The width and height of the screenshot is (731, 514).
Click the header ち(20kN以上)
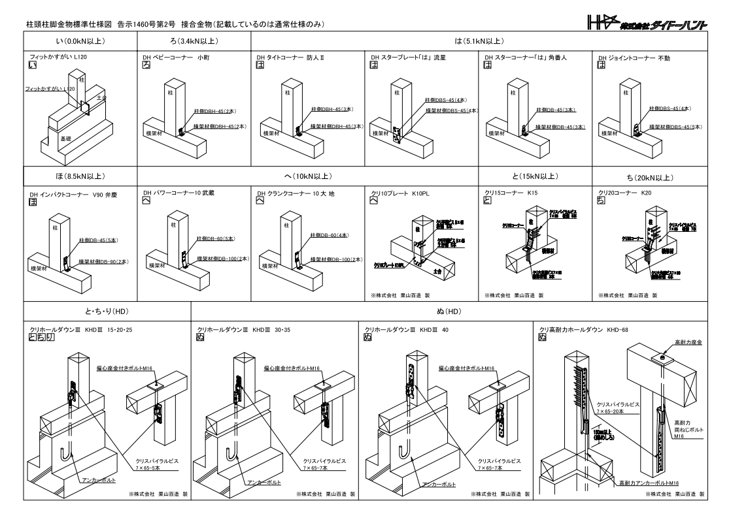pyautogui.click(x=649, y=176)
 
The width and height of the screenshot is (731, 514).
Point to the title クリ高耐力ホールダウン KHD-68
pyautogui.click(x=583, y=329)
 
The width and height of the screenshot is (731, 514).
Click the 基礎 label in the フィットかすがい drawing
pyautogui.click(x=66, y=139)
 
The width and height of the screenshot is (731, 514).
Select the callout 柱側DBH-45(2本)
pyautogui.click(x=209, y=112)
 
